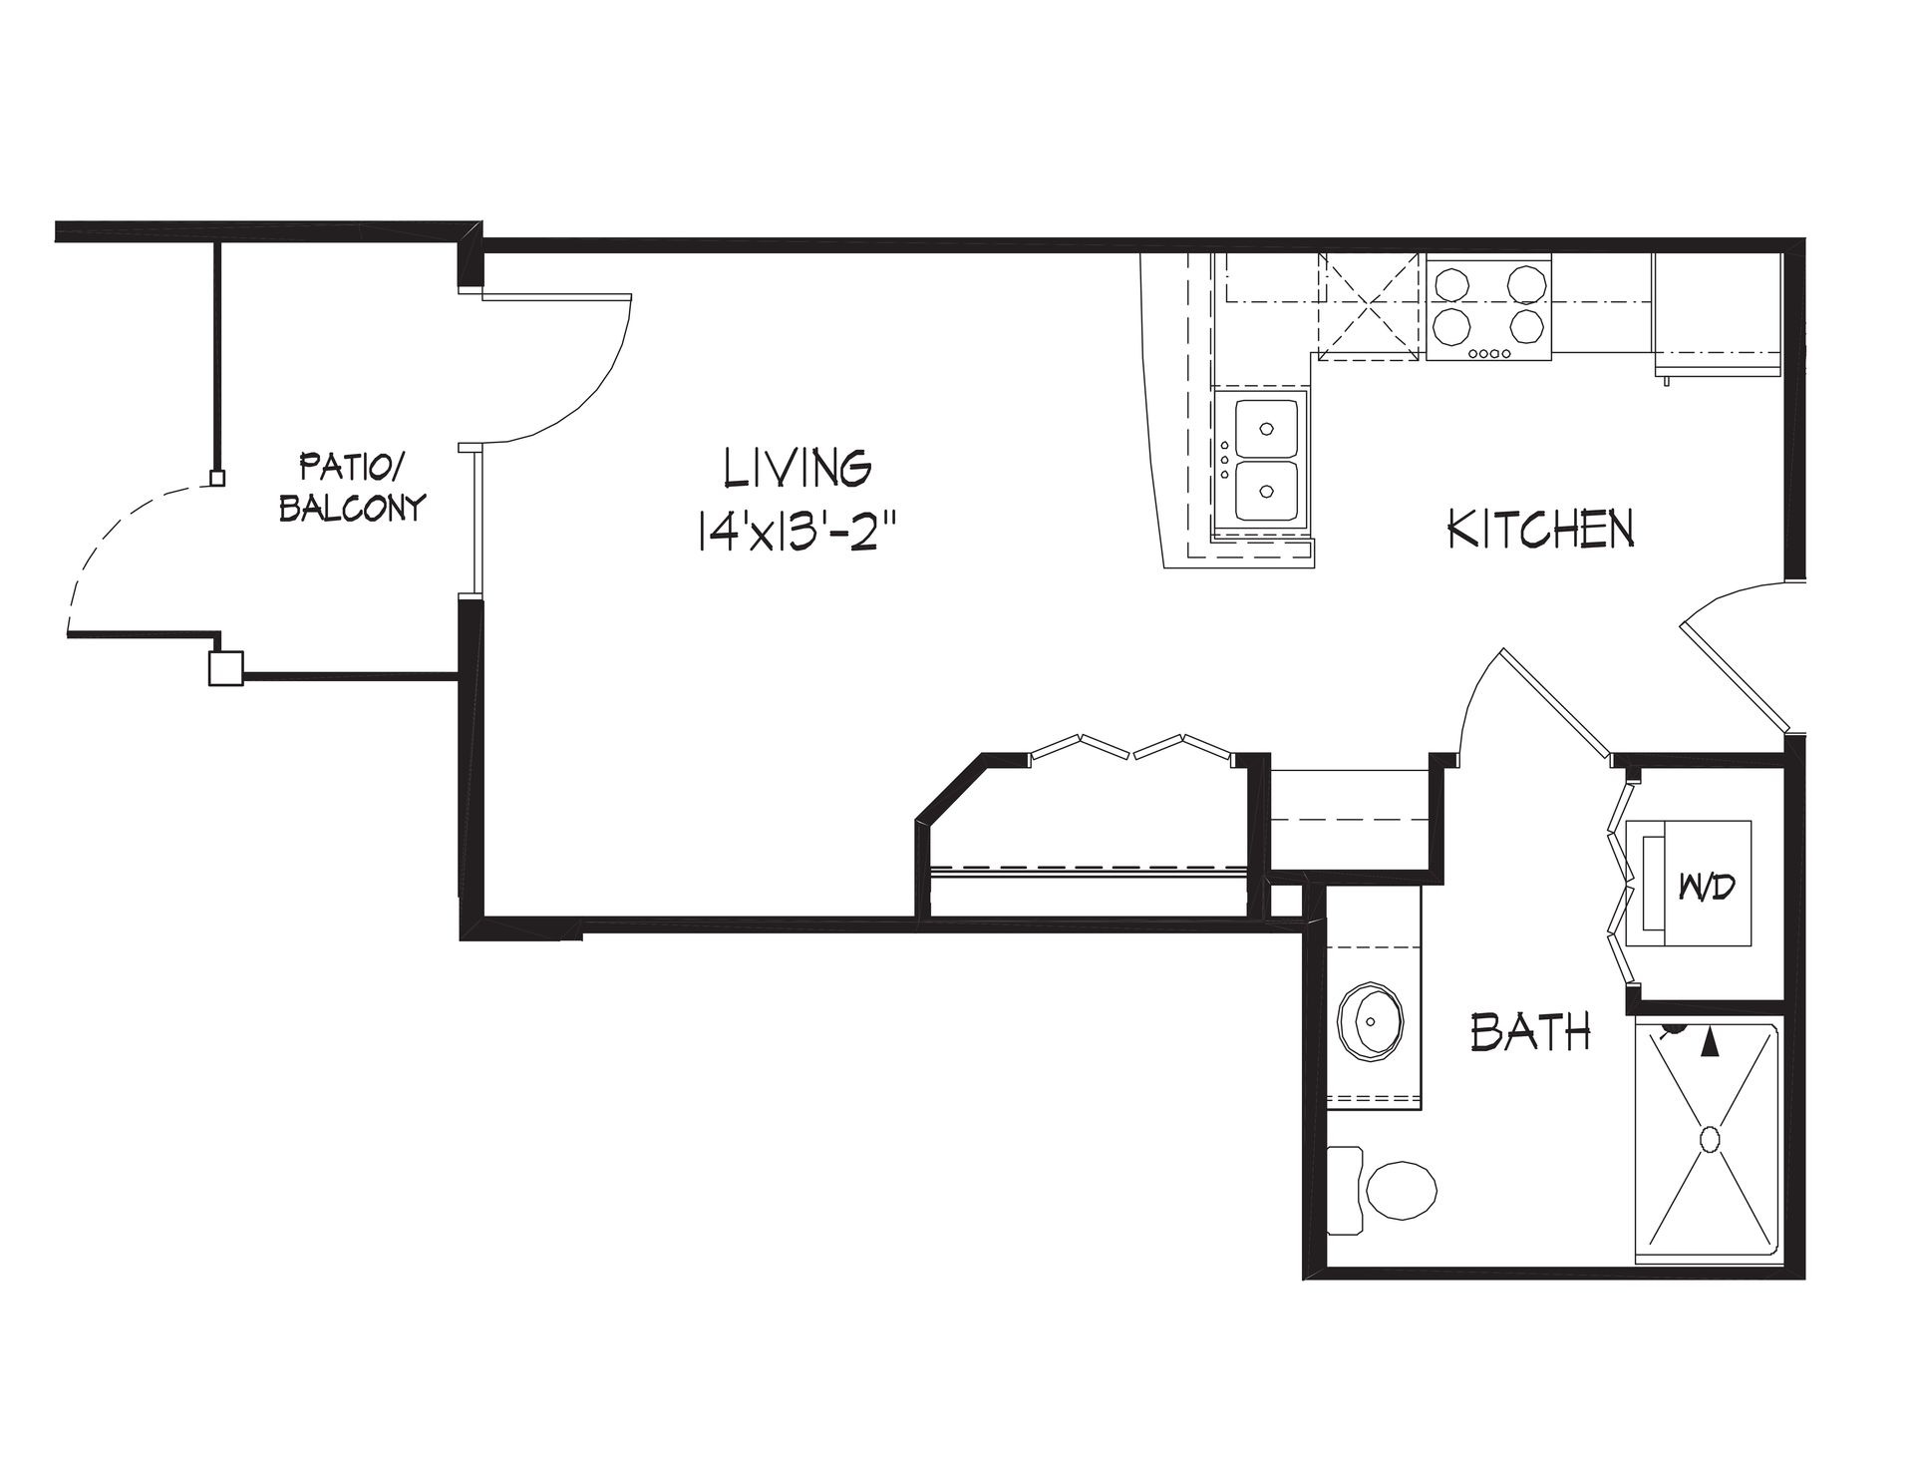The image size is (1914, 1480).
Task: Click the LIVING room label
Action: click(798, 468)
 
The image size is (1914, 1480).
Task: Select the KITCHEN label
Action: click(1540, 529)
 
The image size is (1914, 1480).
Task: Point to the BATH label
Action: click(1530, 1032)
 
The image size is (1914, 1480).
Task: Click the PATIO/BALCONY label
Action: click(352, 486)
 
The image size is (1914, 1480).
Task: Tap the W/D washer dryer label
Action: click(1707, 885)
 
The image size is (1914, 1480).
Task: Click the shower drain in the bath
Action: click(1711, 1139)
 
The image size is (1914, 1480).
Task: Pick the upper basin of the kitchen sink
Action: click(1267, 427)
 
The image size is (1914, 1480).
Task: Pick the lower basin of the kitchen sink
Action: click(1267, 491)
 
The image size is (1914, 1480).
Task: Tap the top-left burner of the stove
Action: click(1452, 282)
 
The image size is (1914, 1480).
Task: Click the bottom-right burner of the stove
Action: click(1526, 325)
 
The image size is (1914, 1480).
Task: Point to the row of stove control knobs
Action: click(1489, 353)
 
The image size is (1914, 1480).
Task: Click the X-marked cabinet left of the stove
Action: click(1368, 305)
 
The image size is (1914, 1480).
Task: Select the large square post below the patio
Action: click(225, 667)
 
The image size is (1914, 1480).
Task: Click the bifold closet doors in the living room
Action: click(1130, 749)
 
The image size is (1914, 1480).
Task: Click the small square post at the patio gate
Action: click(216, 479)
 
